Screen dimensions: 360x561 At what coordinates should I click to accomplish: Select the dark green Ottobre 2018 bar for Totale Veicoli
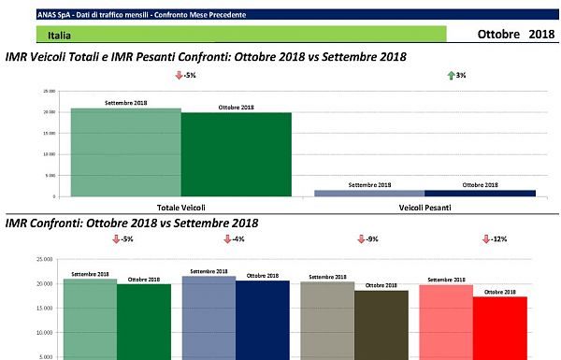click(x=236, y=154)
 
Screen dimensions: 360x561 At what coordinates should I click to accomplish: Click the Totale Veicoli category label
click(x=181, y=207)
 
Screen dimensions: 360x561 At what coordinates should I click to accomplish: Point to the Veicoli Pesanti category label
click(x=424, y=207)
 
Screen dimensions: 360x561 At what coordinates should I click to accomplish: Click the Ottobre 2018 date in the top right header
click(x=515, y=35)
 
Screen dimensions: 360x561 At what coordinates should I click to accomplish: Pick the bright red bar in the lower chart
click(x=500, y=327)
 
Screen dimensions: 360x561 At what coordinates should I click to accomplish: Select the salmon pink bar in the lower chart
click(x=446, y=323)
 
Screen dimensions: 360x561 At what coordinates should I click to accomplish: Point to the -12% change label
click(x=497, y=239)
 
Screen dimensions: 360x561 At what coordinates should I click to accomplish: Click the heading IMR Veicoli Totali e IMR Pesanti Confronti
click(x=206, y=57)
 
